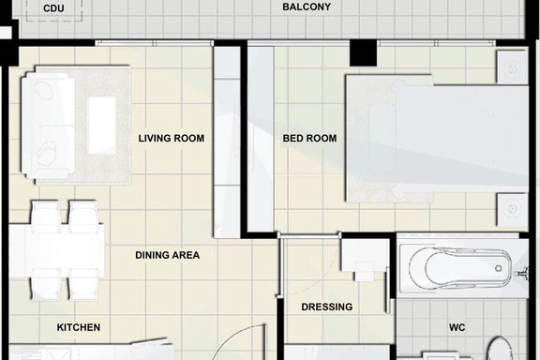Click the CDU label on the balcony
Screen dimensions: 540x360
pyautogui.click(x=53, y=8)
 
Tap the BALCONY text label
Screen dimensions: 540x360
pyautogui.click(x=307, y=7)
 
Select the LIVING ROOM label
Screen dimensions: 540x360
pyautogui.click(x=172, y=138)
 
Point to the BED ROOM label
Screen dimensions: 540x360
pyautogui.click(x=309, y=138)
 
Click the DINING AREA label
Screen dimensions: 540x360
pyautogui.click(x=168, y=255)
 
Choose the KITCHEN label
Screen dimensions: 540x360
pyautogui.click(x=79, y=327)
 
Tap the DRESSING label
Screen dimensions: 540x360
pyautogui.click(x=327, y=307)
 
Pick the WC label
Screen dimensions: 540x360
pyautogui.click(x=457, y=327)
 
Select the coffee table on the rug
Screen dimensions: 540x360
pyautogui.click(x=102, y=125)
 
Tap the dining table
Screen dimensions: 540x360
pyautogui.click(x=57, y=250)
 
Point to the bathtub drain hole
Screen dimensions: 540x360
pyautogui.click(x=499, y=268)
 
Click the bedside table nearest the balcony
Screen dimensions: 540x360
pyautogui.click(x=512, y=67)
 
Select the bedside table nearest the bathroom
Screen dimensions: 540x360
pyautogui.click(x=512, y=209)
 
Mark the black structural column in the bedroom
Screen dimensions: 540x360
pyautogui.click(x=364, y=52)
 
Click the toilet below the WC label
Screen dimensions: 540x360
pyautogui.click(x=500, y=349)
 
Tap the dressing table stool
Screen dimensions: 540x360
pyautogui.click(x=365, y=271)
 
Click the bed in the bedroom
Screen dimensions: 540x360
pyautogui.click(x=438, y=139)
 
